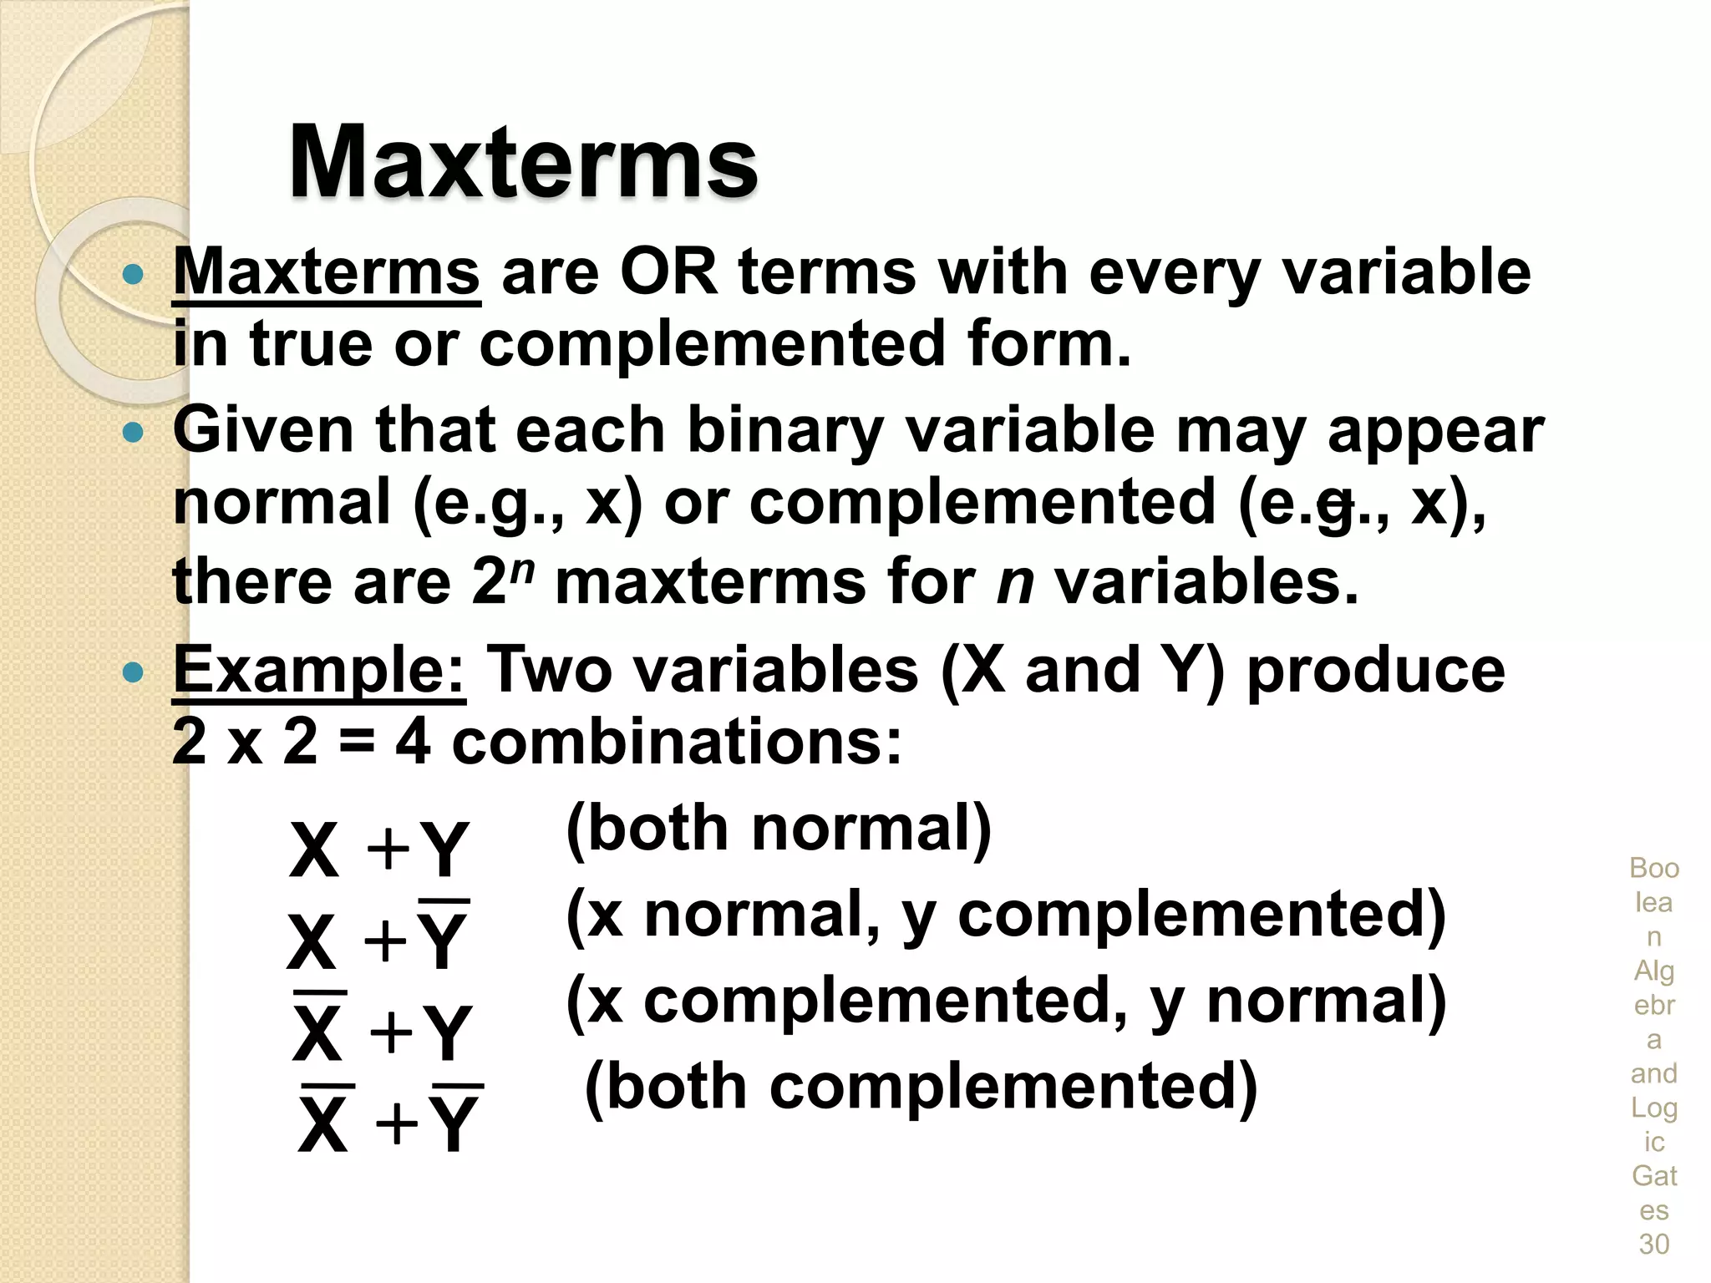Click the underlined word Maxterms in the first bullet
tap(326, 272)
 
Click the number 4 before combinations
tap(413, 742)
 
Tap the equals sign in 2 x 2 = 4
tap(357, 743)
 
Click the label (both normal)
tap(779, 829)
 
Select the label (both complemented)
tap(921, 1087)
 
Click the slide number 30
tap(1654, 1245)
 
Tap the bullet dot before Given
tap(133, 432)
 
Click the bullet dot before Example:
tap(133, 672)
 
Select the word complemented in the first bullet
tap(712, 344)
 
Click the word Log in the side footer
tap(1654, 1108)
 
